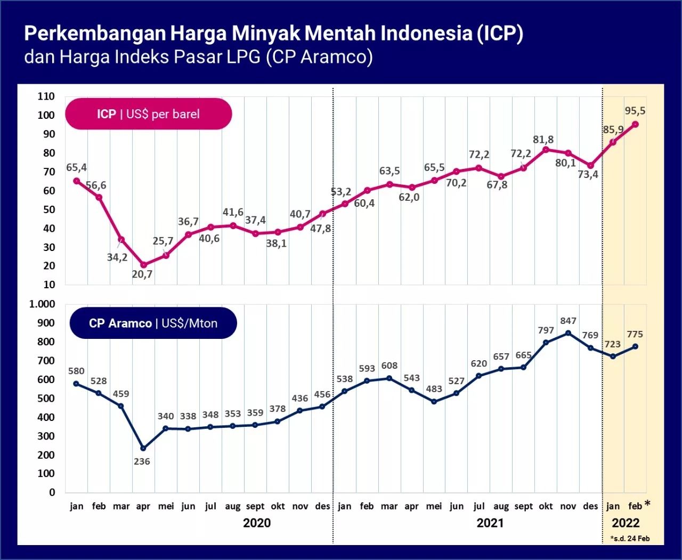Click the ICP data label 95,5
[x=635, y=111]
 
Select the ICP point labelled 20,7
[x=143, y=265]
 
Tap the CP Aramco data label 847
[x=568, y=321]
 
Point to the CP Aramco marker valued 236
[x=143, y=448]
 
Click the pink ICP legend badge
[x=149, y=113]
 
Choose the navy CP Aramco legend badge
[x=153, y=323]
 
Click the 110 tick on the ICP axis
[x=46, y=96]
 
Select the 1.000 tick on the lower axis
[x=42, y=304]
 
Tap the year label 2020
[x=256, y=523]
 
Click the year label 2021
[x=490, y=523]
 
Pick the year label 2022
[x=625, y=523]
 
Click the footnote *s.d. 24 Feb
[x=630, y=538]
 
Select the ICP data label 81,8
[x=543, y=140]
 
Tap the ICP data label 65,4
[x=76, y=167]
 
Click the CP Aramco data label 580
[x=76, y=371]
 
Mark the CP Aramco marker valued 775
[x=635, y=346]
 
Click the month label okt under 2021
[x=546, y=506]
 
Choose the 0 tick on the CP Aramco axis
[x=52, y=492]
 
